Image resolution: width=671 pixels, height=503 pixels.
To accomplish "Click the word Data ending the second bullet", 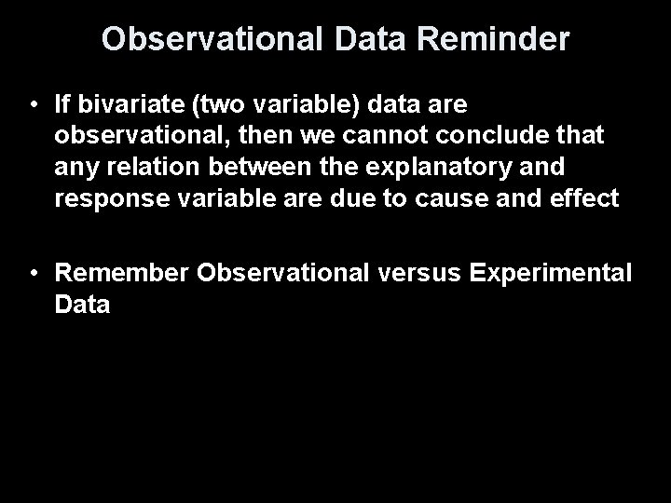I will pos(83,306).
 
